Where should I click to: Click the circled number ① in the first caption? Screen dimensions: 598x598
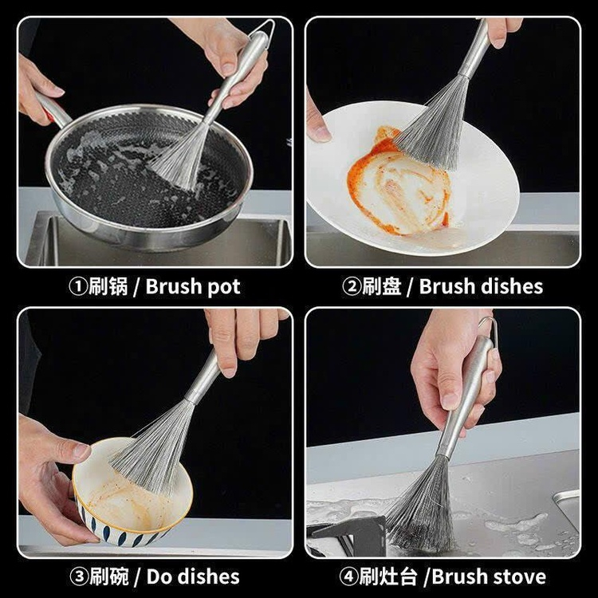click(78, 287)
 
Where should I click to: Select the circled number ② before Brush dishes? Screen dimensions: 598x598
click(352, 287)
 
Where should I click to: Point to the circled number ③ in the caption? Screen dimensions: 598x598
click(79, 576)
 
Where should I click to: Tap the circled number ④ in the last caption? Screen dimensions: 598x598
click(348, 576)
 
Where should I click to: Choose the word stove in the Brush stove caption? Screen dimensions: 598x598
click(521, 576)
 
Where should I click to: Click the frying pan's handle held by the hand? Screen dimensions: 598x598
click(53, 110)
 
